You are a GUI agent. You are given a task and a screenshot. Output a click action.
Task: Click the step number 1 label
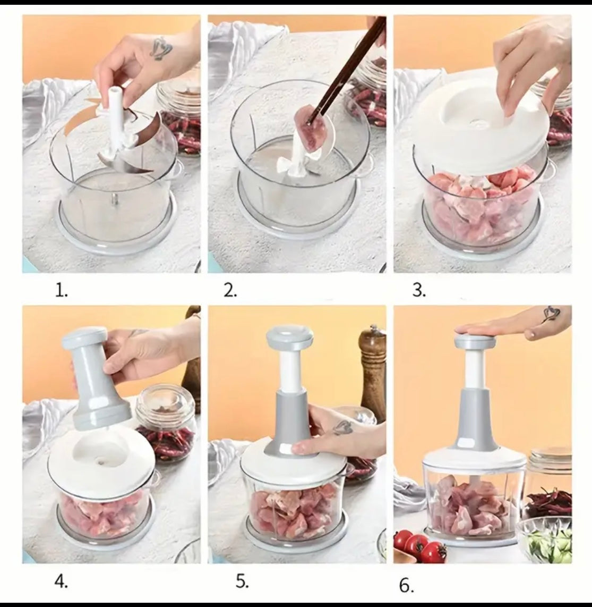click(62, 291)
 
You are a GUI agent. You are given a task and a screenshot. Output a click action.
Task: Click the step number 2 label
click(230, 291)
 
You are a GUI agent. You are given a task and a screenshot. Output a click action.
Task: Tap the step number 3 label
click(418, 291)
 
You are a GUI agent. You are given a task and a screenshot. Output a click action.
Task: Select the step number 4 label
click(62, 580)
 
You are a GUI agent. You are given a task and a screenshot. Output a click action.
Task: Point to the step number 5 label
click(242, 580)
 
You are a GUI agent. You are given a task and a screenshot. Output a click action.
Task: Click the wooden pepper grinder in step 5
click(373, 372)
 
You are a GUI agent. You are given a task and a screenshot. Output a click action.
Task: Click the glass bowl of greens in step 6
click(547, 539)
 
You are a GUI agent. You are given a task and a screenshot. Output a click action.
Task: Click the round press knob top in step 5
click(289, 338)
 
